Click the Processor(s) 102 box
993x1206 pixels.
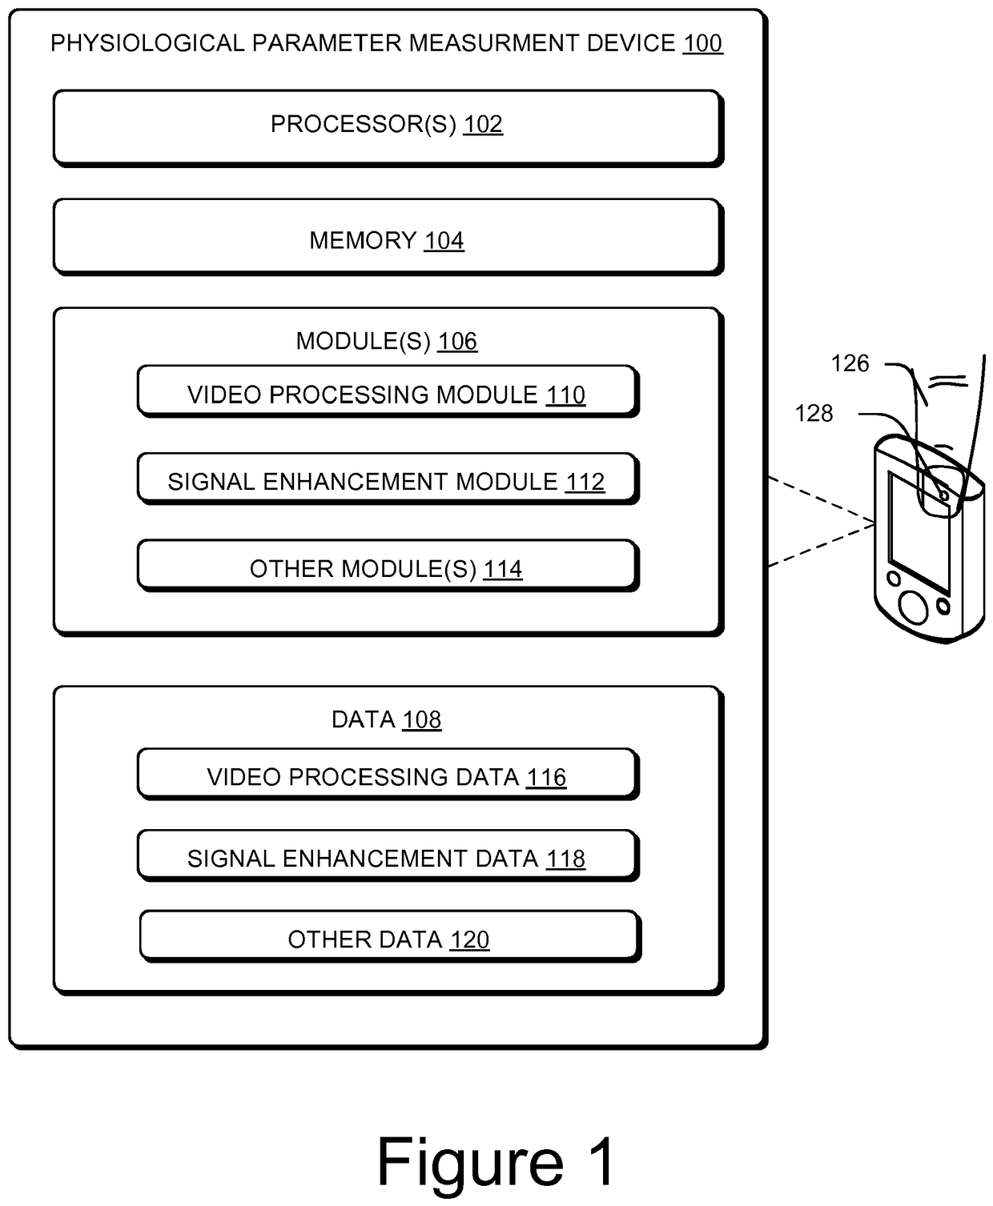[x=388, y=128]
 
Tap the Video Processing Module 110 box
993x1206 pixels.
[x=388, y=391]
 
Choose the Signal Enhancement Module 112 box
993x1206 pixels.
[x=388, y=479]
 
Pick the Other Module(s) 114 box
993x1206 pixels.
[x=388, y=566]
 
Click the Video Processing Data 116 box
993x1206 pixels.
[x=388, y=775]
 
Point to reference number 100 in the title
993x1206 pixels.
[x=702, y=44]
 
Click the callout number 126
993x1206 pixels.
[x=850, y=363]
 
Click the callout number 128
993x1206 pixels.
[x=814, y=414]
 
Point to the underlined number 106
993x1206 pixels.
[x=457, y=342]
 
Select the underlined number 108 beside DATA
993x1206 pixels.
[x=422, y=720]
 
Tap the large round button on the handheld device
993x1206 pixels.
[x=914, y=607]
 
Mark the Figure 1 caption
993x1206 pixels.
[x=496, y=1163]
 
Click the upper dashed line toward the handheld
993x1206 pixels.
[x=822, y=500]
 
